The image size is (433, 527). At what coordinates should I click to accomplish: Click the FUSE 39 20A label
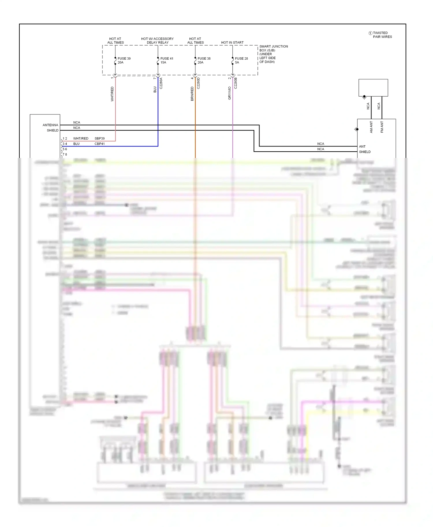pos(124,60)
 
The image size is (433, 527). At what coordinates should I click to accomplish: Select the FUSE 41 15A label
pos(167,60)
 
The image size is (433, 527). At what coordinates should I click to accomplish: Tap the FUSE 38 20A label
pos(204,60)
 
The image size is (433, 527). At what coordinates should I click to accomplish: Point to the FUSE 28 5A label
pos(241,60)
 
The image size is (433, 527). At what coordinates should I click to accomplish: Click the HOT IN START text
pos(232,42)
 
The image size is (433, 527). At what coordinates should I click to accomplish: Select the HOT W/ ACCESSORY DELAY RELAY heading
pos(157,40)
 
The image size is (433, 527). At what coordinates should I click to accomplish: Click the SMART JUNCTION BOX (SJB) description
pos(273,54)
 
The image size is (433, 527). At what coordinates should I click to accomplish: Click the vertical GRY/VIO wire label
pos(229,93)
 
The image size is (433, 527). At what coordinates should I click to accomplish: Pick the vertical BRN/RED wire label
pos(192,93)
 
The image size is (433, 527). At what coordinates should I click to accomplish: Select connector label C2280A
pos(161,83)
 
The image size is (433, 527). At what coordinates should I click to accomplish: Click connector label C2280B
pos(236,83)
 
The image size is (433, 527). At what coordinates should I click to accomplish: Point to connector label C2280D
pos(198,83)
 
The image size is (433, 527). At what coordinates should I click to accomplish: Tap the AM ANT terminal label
pos(371,127)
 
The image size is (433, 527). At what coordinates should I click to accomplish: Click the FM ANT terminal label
pos(382,127)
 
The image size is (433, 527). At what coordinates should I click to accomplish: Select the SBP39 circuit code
pos(100,138)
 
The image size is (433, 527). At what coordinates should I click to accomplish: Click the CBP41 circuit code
pos(100,144)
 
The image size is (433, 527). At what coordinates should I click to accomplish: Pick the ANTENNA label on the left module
pos(50,125)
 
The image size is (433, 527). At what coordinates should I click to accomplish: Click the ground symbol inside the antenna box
pos(364,97)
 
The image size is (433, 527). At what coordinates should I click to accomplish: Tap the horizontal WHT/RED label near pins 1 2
pos(81,138)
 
